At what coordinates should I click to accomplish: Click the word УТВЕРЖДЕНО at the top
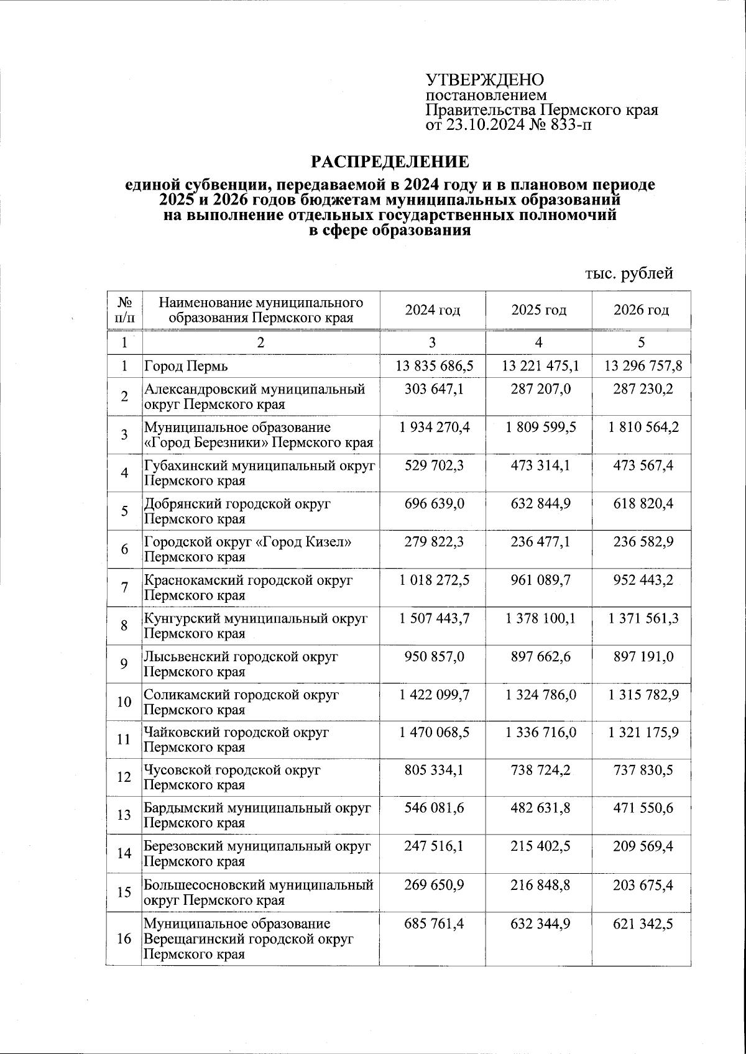tap(484, 80)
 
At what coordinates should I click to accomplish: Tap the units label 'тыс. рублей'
tap(629, 273)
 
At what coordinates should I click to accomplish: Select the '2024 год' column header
tap(433, 309)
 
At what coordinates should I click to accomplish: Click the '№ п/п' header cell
tap(125, 309)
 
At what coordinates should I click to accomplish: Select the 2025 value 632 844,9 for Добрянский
tap(538, 503)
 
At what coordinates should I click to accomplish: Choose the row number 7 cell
tap(125, 588)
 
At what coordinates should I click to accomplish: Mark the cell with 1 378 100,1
tap(538, 618)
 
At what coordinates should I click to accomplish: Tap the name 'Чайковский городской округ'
tap(236, 732)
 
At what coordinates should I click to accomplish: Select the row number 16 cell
tap(125, 938)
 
